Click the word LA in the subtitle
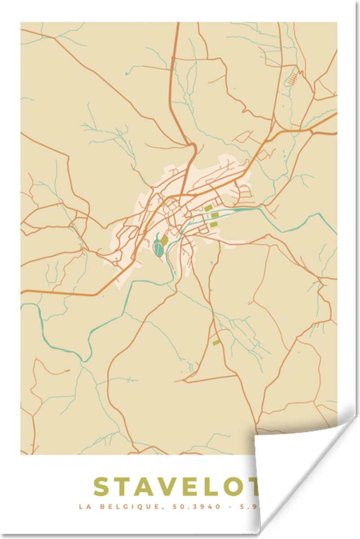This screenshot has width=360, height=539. tap(84, 507)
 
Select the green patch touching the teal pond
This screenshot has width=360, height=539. tap(164, 241)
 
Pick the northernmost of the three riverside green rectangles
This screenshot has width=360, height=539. tap(208, 208)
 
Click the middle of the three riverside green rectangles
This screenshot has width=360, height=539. tap(215, 215)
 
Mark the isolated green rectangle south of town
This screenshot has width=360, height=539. tap(216, 342)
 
